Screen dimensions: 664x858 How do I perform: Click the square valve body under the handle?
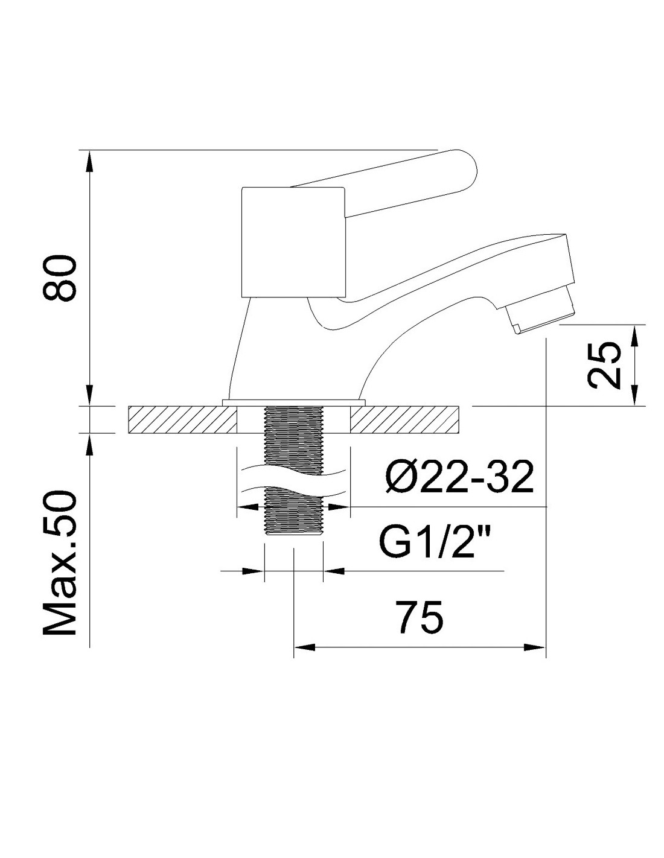coord(294,242)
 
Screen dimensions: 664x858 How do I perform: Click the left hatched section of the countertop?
coord(182,419)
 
